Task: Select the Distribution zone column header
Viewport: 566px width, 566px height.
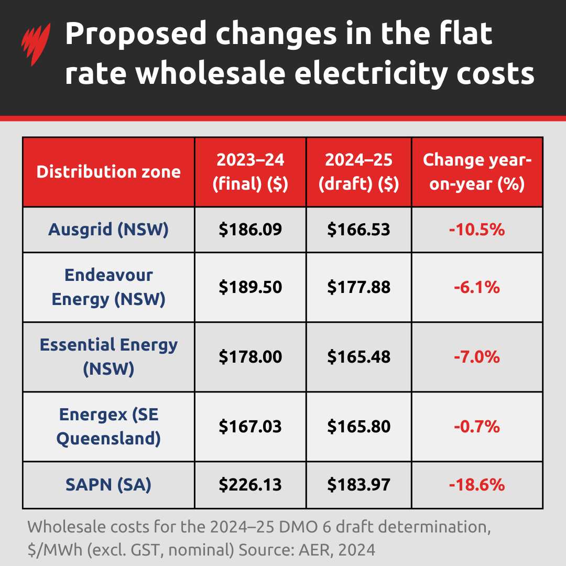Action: (108, 172)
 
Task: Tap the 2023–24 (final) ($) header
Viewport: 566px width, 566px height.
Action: (250, 172)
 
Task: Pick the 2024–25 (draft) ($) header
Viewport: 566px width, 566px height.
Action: (358, 172)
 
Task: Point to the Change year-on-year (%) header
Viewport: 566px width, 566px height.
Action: (477, 172)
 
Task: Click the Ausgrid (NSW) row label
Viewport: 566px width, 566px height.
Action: (108, 230)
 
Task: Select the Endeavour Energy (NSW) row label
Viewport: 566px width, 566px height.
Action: (108, 287)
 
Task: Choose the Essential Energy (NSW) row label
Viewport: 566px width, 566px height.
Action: (108, 356)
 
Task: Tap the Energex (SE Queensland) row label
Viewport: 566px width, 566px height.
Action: (108, 426)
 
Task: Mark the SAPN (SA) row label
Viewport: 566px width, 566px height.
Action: (108, 485)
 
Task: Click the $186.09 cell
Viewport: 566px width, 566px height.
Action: (250, 230)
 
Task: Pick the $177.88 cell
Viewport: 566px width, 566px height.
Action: (358, 287)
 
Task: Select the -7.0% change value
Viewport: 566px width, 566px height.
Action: (477, 357)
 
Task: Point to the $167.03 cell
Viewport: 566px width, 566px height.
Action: (250, 426)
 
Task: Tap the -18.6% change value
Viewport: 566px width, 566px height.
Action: (477, 485)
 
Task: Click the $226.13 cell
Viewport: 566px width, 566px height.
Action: (250, 485)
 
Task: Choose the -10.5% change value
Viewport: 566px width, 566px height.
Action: (477, 230)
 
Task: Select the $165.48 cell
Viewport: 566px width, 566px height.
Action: (358, 357)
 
